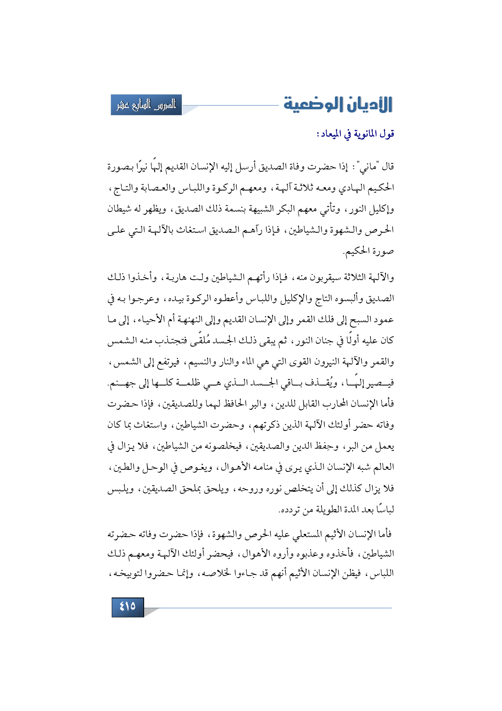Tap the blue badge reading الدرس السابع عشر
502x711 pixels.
146,105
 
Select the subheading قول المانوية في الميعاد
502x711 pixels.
356,134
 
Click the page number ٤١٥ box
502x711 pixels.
128,607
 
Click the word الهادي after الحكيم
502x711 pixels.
355,188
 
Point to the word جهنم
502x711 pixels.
123,383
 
